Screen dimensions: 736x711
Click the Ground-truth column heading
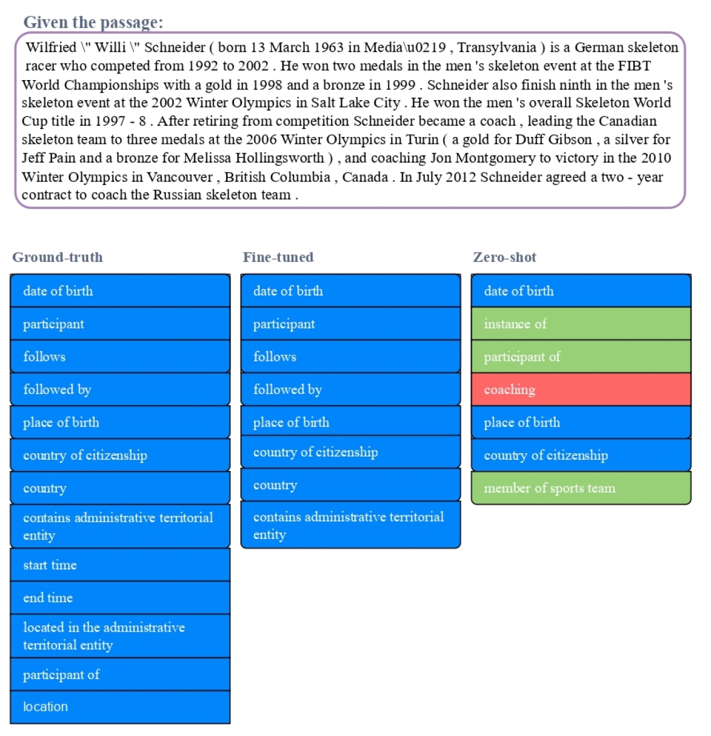coord(58,257)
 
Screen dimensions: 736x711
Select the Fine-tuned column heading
coord(278,257)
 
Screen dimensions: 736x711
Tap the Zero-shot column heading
coord(504,257)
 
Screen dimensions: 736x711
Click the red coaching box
coord(581,390)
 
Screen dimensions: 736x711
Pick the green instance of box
coord(581,324)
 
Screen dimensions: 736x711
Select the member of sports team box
coord(581,488)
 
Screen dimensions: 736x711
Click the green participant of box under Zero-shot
coord(581,356)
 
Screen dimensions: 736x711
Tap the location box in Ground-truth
coord(120,707)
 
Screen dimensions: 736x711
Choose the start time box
coord(120,565)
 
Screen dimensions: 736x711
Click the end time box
coord(120,598)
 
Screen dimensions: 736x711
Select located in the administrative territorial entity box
coord(120,636)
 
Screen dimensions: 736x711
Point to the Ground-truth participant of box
coord(120,675)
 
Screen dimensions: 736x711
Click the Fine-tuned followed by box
coord(350,390)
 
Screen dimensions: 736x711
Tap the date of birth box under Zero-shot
coord(581,291)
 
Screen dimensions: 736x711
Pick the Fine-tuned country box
coord(350,485)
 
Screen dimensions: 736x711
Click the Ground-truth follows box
coord(120,356)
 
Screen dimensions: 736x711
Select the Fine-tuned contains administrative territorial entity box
coord(350,525)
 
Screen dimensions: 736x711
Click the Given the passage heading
coord(93,23)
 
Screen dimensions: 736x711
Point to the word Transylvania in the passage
coord(497,48)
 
